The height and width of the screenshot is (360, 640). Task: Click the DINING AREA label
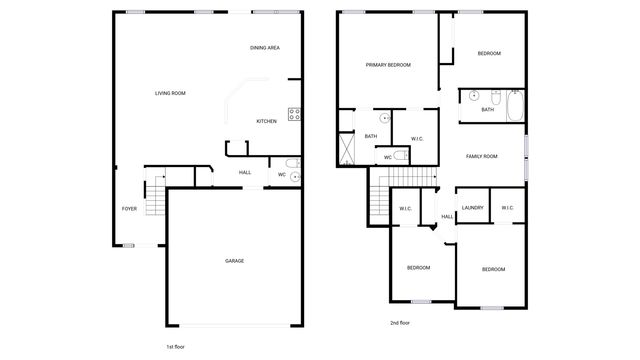pos(264,48)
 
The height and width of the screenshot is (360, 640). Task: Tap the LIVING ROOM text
pos(170,93)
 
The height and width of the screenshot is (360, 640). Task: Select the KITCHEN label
pos(266,122)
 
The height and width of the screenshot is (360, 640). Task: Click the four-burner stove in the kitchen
pos(295,114)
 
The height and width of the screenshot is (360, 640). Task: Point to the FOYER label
pos(129,208)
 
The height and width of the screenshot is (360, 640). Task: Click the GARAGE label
pos(234,261)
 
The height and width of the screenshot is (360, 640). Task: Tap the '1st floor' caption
pos(177,345)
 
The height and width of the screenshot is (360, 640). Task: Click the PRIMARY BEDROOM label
pos(388,65)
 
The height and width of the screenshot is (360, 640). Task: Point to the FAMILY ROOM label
pos(482,156)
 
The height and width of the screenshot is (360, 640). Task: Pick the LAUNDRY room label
pos(473,208)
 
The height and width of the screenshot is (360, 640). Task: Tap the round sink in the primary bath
pos(384,118)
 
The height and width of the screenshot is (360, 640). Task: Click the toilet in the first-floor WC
pos(291,163)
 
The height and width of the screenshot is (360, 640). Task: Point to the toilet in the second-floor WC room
pos(400,155)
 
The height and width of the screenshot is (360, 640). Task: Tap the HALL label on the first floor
pos(245,173)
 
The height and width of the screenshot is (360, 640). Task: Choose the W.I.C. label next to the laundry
pos(507,208)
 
